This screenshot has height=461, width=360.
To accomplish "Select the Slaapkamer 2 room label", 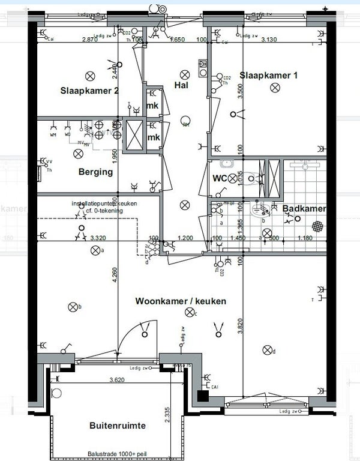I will click(89, 91).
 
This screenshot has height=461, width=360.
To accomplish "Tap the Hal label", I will click(182, 85).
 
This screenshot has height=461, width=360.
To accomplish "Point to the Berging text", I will click(95, 172).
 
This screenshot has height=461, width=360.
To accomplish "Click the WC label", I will click(220, 178).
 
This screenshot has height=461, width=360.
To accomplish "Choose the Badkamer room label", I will click(305, 209).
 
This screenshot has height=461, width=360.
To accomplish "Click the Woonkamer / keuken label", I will click(181, 301).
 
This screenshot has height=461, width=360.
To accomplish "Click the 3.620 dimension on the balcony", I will click(121, 379).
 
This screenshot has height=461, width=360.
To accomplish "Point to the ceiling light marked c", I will click(191, 312).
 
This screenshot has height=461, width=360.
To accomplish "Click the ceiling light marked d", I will click(268, 351).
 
